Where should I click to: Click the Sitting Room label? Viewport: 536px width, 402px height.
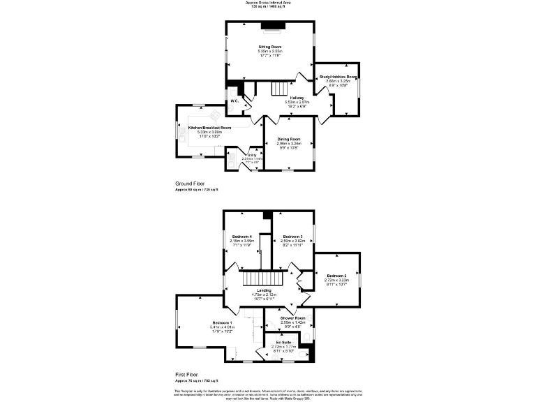coord(269,46)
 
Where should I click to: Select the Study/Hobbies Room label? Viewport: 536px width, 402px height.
coord(338,77)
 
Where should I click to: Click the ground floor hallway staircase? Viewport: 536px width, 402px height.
coord(278,89)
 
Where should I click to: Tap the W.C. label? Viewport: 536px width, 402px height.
coord(235,101)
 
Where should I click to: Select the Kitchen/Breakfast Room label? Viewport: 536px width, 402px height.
coord(209,128)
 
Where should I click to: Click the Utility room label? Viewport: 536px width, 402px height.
coord(248,155)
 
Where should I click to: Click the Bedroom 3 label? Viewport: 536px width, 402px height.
coord(293,237)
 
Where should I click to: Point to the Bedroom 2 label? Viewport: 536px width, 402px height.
coord(336,276)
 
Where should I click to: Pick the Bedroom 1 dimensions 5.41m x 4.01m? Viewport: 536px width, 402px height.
coord(221,327)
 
